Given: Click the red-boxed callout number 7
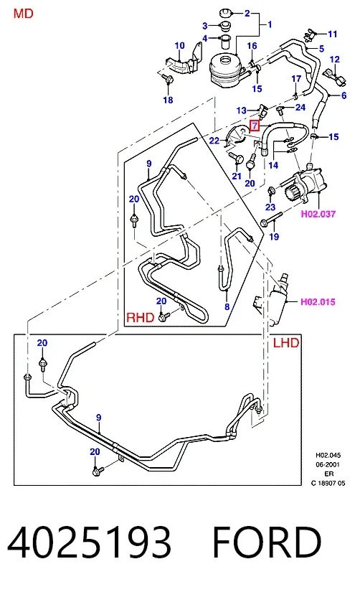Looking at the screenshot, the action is pos(255,125).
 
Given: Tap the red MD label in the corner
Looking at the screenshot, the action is pos(24,14).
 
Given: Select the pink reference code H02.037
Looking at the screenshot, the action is pos(318,214).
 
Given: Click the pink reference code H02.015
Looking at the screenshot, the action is pos(318,301).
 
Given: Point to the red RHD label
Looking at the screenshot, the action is pos(141,317).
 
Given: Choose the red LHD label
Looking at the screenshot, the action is pos(286,343).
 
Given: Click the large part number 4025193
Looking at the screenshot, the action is pos(90,542).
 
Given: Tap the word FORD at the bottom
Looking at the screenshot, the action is pos(267,542).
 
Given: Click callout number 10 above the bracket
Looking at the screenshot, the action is pos(179,46).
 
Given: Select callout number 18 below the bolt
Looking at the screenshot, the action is pos(168,100).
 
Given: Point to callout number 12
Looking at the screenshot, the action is pos(335,60).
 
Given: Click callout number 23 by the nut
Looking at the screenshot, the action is pos(270,207).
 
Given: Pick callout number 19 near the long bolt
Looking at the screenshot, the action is pos(274,236).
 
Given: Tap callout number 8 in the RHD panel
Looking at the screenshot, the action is pos(227,306).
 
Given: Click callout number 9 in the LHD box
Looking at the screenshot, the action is pos(98,418).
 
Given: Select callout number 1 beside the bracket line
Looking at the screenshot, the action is pos(270,24).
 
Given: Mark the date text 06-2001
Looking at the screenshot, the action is pos(328,464).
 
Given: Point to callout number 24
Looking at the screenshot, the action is pos(300,107).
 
